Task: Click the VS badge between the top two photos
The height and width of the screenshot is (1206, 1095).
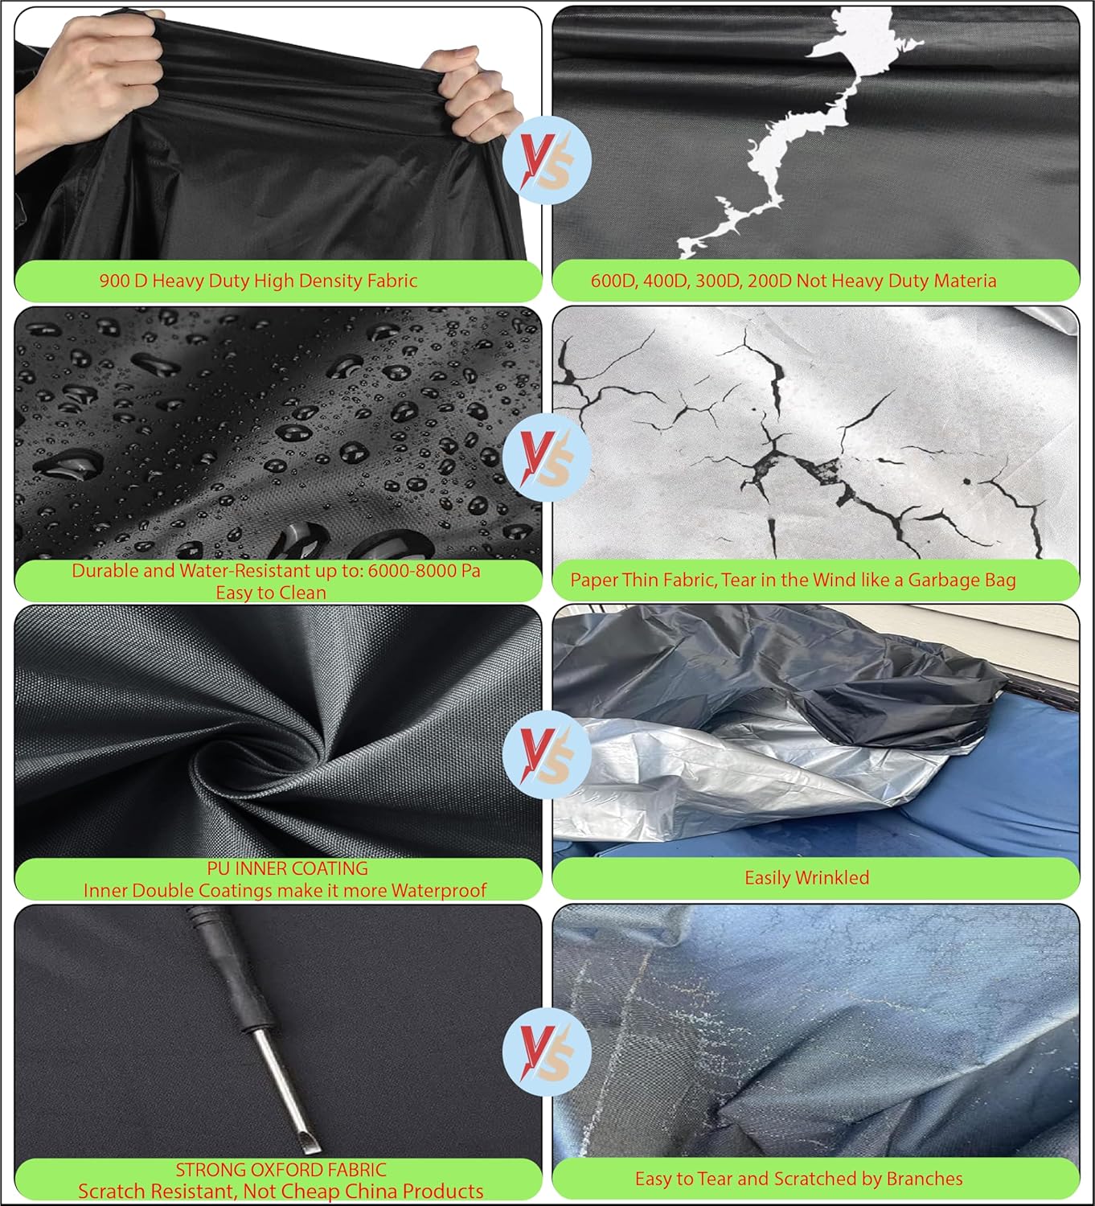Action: point(547,160)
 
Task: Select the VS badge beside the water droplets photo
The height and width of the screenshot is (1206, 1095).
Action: point(547,457)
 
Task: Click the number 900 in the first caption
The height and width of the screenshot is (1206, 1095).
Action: point(112,281)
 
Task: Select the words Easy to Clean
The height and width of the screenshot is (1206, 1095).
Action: point(271,593)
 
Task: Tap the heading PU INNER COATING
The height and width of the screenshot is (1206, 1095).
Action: point(288,868)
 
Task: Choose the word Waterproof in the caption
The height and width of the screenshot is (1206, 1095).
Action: point(439,890)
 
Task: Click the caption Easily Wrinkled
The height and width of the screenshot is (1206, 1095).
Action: point(807,878)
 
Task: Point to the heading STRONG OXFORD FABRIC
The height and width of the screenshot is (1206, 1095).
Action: point(281,1169)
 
